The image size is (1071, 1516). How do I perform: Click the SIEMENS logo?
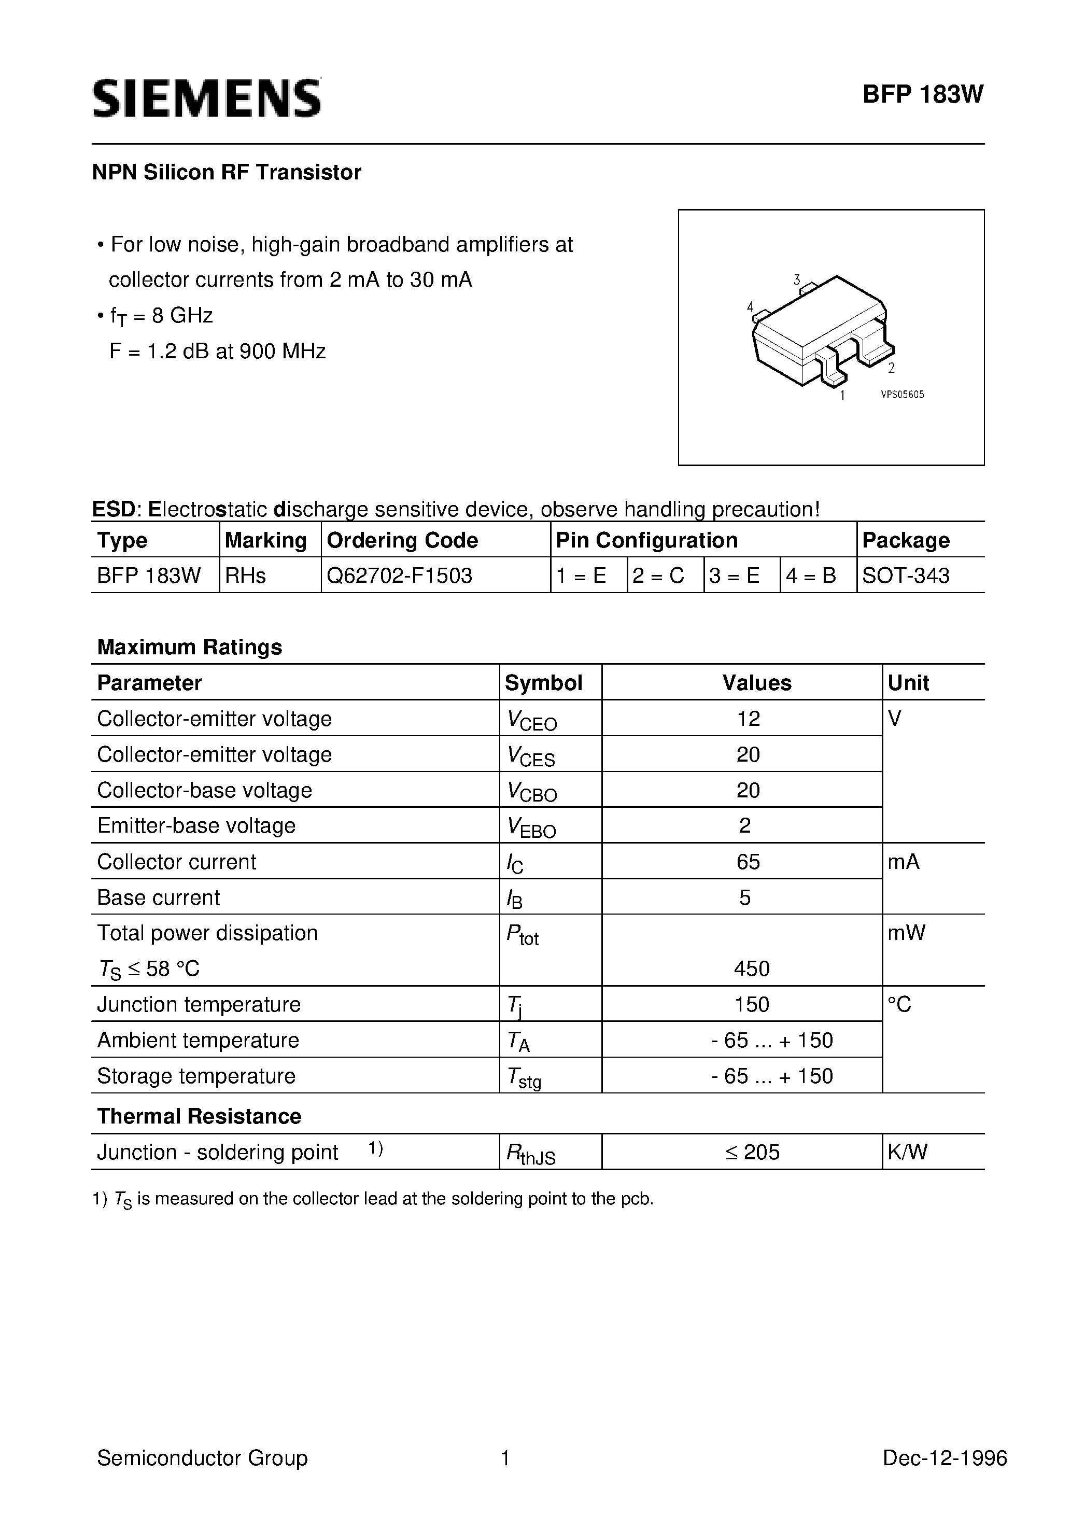[207, 97]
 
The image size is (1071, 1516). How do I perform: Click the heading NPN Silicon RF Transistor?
[227, 172]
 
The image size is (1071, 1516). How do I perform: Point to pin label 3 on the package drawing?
[797, 279]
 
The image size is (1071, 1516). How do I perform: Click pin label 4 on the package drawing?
[750, 306]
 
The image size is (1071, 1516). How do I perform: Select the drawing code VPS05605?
[903, 395]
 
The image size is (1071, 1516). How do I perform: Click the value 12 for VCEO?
[748, 719]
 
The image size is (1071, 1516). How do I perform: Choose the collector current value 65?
[748, 862]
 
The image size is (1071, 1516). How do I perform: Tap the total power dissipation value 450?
[752, 968]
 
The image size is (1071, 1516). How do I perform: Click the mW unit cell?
[907, 933]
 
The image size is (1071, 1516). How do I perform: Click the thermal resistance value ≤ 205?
[752, 1152]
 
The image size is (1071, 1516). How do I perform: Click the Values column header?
[757, 683]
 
